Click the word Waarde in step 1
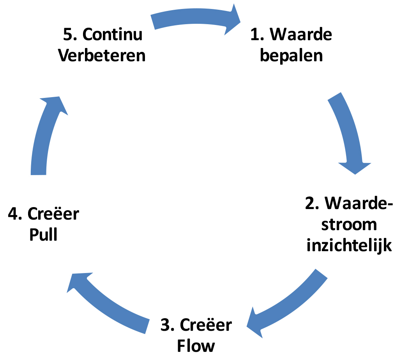[301, 34]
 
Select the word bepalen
[291, 55]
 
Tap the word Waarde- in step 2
[359, 203]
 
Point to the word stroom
[349, 225]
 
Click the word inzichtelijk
[349, 246]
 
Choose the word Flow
[196, 346]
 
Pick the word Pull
[43, 234]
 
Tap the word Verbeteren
[102, 55]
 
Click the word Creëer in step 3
[206, 325]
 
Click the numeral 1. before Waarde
[257, 34]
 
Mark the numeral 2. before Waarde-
[312, 203]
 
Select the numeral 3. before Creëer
[168, 325]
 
